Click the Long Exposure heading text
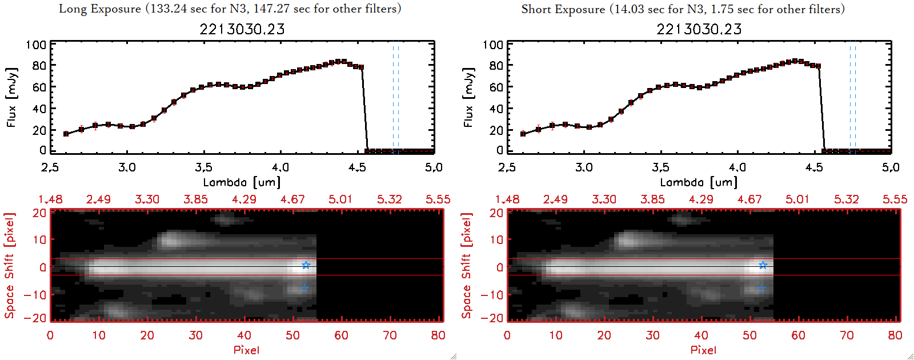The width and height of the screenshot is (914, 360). coord(230,9)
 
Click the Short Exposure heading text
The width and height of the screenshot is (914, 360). coord(683,9)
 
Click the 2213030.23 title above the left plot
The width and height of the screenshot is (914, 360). coord(242,29)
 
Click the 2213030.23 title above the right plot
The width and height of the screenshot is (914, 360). coord(699,29)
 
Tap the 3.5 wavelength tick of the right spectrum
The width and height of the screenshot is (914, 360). coord(661,167)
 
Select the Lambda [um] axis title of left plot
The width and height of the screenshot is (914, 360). coord(242,182)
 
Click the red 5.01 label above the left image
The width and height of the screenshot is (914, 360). coord(340,199)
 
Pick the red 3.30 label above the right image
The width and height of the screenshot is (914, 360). coord(604,199)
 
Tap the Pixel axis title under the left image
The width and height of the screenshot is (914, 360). coord(246,350)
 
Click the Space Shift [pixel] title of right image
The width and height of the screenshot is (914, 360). coord(467,266)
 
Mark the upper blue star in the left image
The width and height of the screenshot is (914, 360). coord(306,265)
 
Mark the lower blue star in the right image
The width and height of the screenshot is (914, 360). coord(761,289)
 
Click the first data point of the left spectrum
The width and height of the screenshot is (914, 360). coord(66,134)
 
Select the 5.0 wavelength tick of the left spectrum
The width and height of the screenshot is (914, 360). coord(434,167)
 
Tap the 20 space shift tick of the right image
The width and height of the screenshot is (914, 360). coord(496,213)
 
